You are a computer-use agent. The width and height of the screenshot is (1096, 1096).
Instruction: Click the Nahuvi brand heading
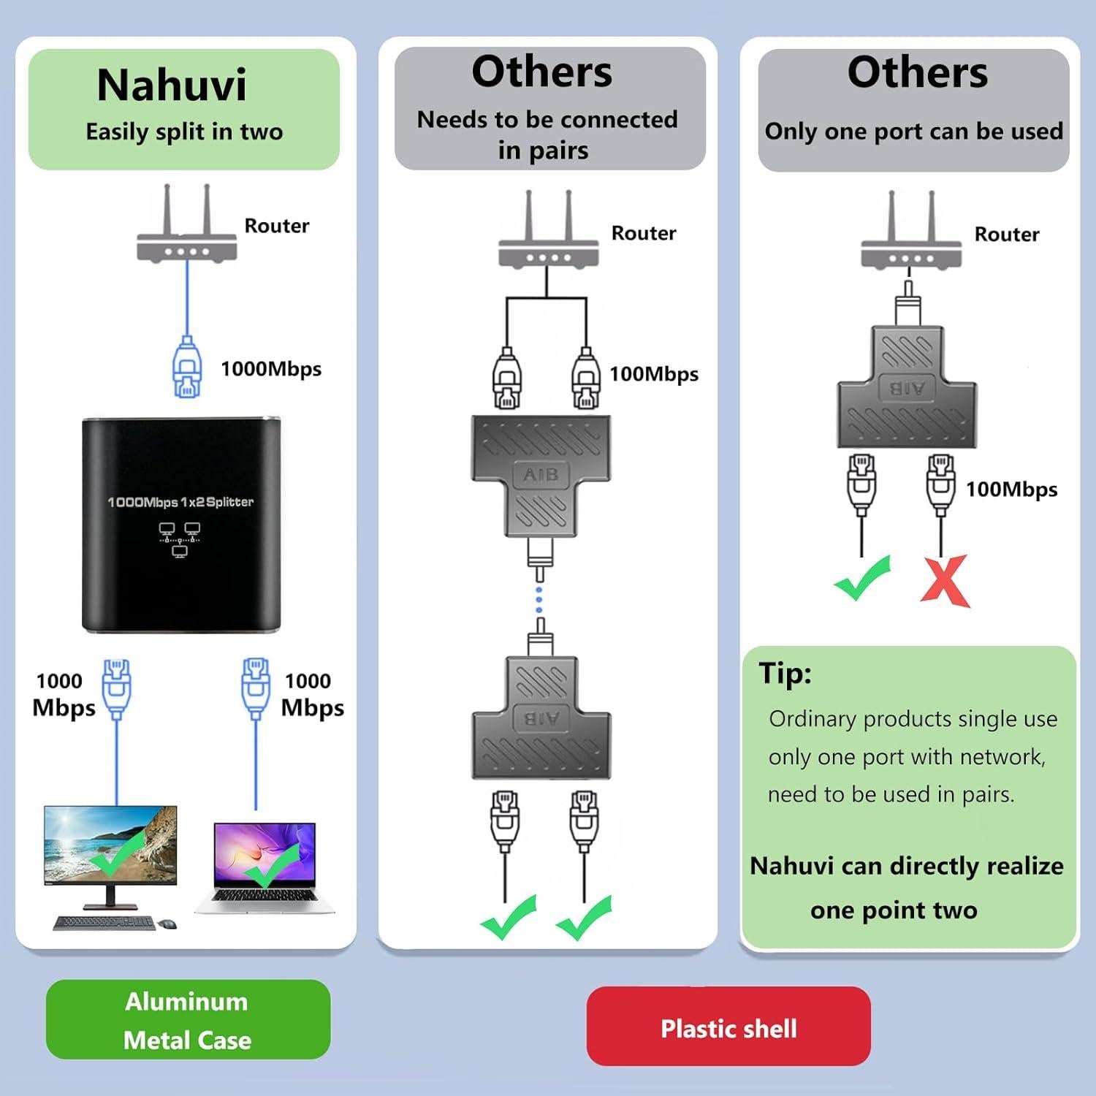172,85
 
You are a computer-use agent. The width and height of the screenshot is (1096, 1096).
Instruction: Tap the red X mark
944,581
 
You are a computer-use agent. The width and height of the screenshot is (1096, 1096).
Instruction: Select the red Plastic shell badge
728,1027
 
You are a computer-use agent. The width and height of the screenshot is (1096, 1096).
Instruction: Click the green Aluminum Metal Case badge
188,1019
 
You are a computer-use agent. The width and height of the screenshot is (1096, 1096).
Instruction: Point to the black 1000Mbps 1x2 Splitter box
180,524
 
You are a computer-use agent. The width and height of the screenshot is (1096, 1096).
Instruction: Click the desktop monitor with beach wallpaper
110,848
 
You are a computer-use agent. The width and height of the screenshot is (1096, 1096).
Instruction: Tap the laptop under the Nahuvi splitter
265,869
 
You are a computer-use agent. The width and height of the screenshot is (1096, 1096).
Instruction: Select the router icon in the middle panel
548,234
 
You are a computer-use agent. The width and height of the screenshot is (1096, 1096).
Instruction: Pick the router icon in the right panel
911,235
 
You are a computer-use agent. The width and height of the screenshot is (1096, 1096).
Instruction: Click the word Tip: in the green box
785,672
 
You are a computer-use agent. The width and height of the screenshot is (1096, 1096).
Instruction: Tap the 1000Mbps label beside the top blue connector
271,369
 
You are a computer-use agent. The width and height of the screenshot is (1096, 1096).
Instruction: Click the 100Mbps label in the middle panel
654,374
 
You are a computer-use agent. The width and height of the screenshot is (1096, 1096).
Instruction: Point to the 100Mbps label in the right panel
1011,490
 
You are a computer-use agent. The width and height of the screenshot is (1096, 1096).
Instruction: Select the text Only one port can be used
913,132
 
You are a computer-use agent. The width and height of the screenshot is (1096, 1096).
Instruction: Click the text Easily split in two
184,132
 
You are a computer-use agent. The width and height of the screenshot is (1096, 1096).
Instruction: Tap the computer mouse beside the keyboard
168,924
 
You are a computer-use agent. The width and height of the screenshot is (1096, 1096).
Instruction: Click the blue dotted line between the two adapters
539,599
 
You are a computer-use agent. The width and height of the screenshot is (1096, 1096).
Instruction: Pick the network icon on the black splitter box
180,539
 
